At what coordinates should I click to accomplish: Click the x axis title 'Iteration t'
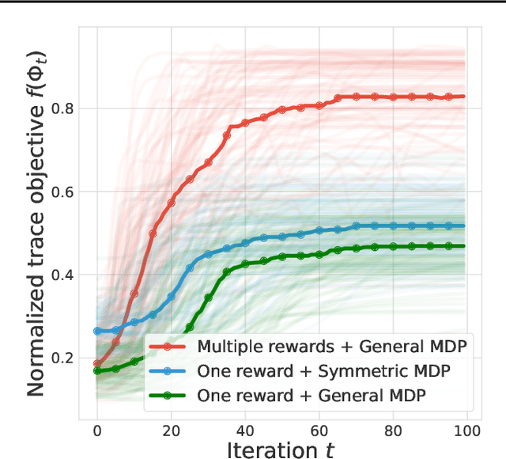(281, 449)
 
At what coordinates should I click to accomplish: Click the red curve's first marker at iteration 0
(97, 363)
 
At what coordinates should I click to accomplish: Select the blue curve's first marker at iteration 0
(97, 331)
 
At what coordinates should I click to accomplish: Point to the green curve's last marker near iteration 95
(448, 246)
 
